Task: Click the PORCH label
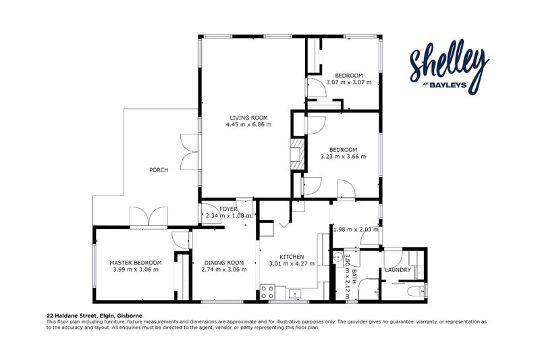(159, 170)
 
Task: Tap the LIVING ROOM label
(248, 118)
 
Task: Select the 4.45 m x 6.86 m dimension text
(248, 125)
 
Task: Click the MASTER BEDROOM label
(136, 263)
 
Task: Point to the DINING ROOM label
(224, 263)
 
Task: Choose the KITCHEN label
(292, 257)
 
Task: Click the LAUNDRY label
(398, 270)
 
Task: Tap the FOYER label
(228, 209)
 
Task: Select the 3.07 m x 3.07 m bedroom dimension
(349, 82)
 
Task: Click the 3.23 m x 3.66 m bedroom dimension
(344, 157)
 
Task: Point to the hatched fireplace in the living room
(298, 154)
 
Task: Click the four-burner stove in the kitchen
(267, 292)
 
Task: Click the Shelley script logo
(450, 66)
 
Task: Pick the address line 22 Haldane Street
(94, 315)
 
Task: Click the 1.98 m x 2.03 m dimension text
(356, 230)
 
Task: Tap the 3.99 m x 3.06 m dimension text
(136, 269)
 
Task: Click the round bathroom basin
(338, 257)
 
